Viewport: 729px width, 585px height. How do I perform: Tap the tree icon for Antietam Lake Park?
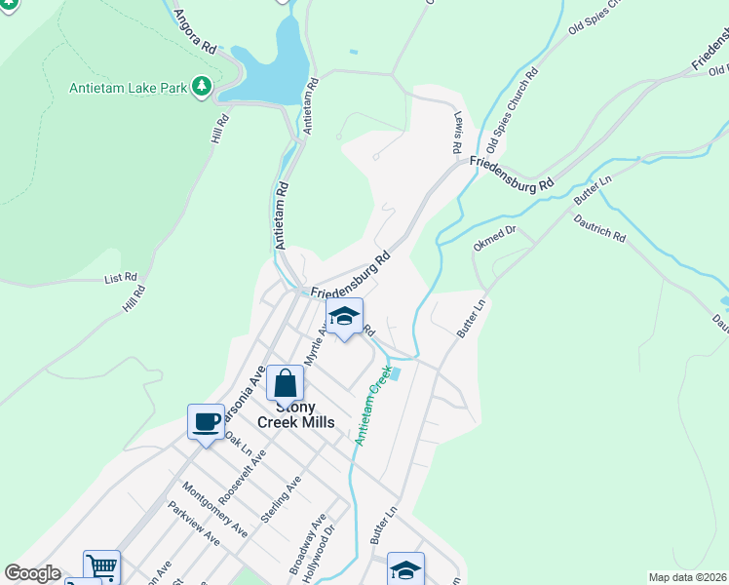(202, 87)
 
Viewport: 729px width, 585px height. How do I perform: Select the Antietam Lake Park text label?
(128, 88)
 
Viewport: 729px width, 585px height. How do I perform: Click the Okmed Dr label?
(494, 239)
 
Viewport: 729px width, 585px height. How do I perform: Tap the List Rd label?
(121, 278)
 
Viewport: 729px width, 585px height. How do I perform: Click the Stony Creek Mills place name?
(295, 414)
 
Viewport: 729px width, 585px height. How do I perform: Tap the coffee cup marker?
(207, 421)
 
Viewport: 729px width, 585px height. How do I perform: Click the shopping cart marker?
(101, 565)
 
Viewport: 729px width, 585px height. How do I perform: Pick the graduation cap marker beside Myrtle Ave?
(344, 316)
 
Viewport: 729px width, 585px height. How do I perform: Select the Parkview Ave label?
(193, 524)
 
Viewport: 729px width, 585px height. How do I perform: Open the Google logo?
(32, 573)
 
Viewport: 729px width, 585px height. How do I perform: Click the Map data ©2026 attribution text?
(687, 577)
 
